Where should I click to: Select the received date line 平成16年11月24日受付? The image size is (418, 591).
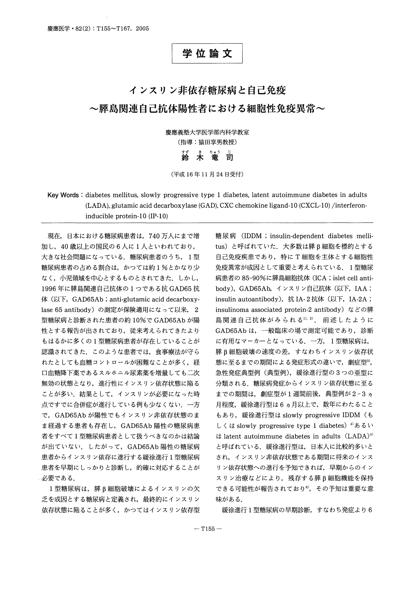point(207,174)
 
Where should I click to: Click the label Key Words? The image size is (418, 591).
point(63,195)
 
